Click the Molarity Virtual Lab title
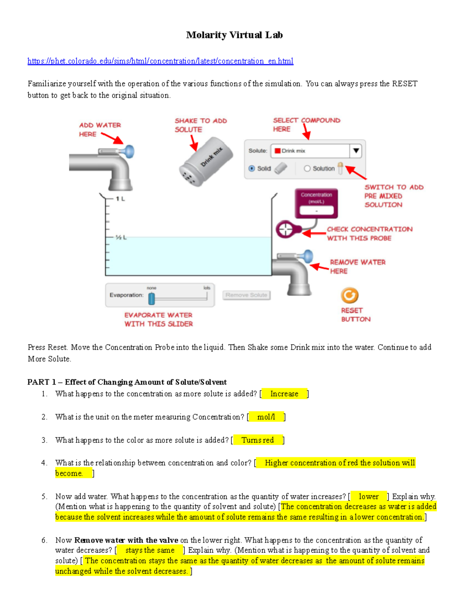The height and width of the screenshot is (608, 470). coord(234,35)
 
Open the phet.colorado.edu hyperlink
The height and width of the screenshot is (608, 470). coord(160,61)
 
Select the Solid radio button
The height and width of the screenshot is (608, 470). coord(252,168)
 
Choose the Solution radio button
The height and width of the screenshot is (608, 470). coord(307,168)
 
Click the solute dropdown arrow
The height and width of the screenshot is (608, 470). coord(356,151)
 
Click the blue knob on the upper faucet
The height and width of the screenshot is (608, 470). coord(129,151)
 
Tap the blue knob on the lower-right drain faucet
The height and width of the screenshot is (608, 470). coord(308,256)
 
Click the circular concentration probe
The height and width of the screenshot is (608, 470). coord(286,229)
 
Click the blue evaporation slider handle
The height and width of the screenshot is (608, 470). coord(152,299)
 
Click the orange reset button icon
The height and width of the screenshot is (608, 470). coord(349,296)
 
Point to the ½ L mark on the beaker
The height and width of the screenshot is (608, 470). coord(120,237)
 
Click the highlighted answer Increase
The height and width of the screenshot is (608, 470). coord(284,394)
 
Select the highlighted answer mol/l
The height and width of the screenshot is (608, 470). coord(266,417)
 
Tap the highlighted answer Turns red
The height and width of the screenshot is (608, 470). coord(257,440)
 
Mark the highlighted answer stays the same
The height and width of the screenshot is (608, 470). coord(150,550)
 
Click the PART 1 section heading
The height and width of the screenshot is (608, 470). coord(127,382)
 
